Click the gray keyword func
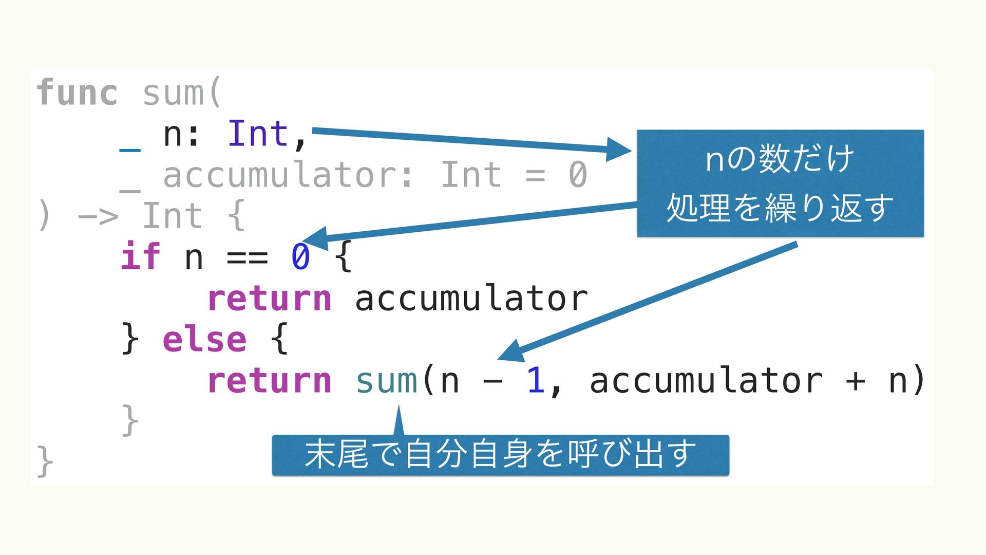(77, 93)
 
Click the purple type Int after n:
(258, 134)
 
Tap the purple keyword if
(140, 257)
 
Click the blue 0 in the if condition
(300, 257)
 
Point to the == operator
(247, 257)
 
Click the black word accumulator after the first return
(471, 299)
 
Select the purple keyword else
(204, 340)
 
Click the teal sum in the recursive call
(387, 381)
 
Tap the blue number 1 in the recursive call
(536, 381)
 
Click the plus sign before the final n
(855, 381)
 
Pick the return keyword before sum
(270, 381)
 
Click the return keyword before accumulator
(270, 299)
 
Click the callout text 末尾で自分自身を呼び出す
(500, 455)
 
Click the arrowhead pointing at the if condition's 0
(314, 238)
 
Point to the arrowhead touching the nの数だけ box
(618, 150)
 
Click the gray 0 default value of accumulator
(578, 175)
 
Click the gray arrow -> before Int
(98, 216)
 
